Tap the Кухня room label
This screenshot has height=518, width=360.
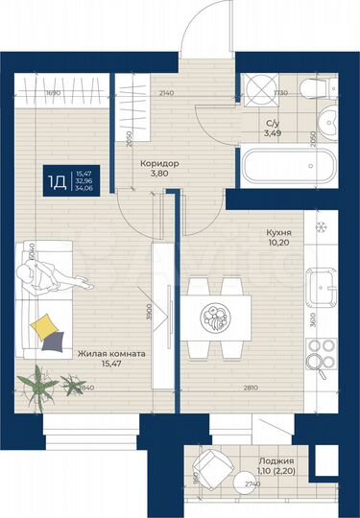(x=279, y=232)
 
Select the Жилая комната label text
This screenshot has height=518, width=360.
(x=111, y=354)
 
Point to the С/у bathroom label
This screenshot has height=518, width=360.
(x=274, y=125)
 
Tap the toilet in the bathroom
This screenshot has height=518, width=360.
(x=313, y=91)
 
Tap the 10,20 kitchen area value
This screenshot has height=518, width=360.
(x=279, y=244)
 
